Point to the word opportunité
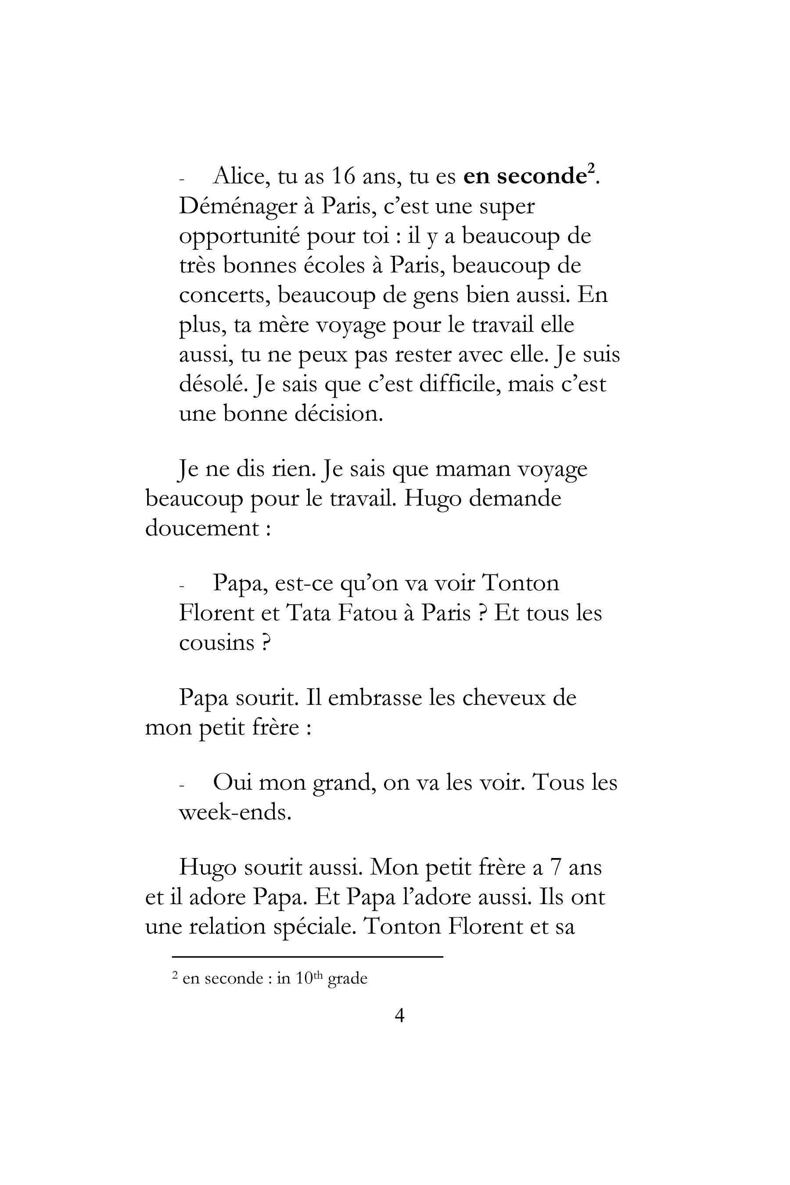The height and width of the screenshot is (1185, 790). click(238, 236)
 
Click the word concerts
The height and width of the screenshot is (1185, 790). click(223, 295)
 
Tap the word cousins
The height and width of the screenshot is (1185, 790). click(217, 643)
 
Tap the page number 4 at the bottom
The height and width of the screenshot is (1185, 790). click(399, 1015)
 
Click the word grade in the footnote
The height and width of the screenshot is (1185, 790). click(348, 978)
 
